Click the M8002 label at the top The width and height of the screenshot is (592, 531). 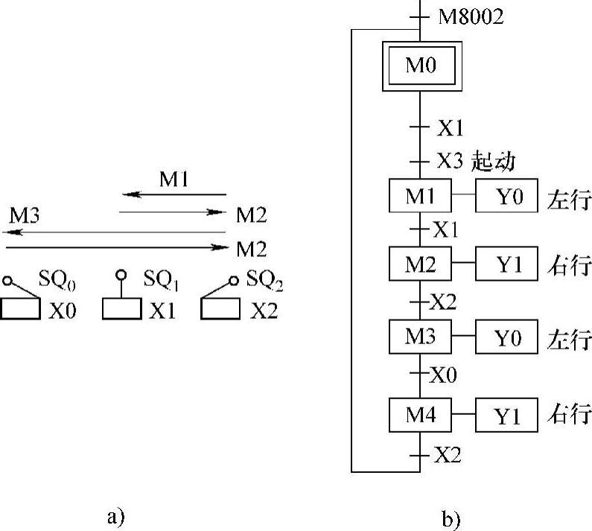[470, 16]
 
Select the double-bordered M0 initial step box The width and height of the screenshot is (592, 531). [420, 66]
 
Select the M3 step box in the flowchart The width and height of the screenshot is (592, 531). [420, 337]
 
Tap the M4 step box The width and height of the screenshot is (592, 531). [420, 415]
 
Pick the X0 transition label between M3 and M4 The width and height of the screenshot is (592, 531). [445, 374]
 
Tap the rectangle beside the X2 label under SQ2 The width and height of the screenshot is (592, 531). [220, 309]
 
